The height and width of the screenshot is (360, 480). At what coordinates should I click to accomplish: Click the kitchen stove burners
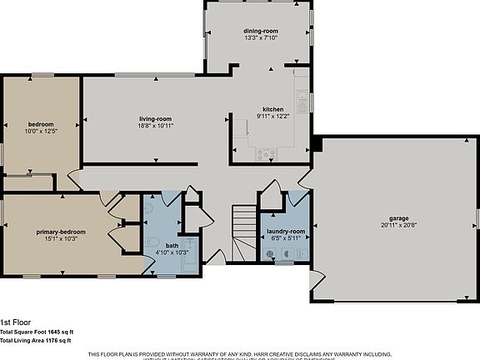click(x=267, y=152)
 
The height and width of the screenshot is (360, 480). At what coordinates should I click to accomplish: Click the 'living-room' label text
click(x=155, y=118)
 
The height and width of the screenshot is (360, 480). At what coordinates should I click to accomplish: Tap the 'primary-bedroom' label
click(x=57, y=231)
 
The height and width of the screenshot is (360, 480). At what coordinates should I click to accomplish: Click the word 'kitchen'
click(x=273, y=109)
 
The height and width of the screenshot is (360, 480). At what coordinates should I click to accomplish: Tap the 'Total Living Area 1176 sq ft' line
click(x=36, y=340)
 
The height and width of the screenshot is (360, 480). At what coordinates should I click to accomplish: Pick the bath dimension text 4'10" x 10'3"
click(x=172, y=252)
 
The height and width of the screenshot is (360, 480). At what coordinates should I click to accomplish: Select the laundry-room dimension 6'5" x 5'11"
click(x=286, y=238)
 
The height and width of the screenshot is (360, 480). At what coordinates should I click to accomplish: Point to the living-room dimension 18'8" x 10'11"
click(x=155, y=127)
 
